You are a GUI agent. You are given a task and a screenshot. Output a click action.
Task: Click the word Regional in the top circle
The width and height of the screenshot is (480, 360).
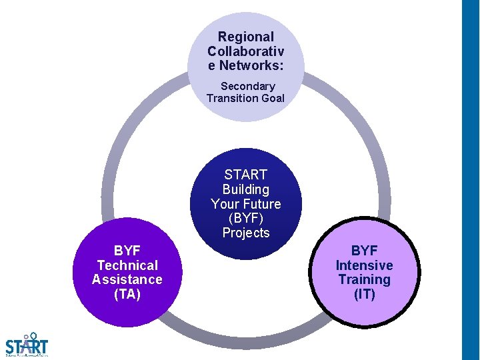246,37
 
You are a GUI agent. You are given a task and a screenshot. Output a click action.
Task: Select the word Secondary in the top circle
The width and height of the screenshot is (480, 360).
247,86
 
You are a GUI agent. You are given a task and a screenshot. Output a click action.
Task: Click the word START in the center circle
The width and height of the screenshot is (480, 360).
246,175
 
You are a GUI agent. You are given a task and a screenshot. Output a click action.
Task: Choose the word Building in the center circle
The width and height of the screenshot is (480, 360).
246,189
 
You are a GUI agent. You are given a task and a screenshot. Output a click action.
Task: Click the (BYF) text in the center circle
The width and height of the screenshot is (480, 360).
246,219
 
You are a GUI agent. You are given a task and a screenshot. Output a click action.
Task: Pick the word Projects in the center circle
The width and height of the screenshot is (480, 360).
246,233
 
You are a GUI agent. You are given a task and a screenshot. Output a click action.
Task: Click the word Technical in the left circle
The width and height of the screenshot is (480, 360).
127,265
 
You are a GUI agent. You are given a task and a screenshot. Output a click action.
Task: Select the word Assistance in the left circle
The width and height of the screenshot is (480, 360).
127,279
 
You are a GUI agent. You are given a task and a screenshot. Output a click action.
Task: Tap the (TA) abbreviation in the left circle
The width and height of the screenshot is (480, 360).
127,293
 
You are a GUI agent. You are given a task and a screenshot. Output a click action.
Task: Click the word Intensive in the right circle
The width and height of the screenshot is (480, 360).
364,265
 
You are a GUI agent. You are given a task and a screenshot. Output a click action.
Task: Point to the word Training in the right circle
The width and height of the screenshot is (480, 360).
364,279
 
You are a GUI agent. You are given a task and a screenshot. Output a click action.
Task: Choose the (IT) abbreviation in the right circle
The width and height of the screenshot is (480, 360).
364,293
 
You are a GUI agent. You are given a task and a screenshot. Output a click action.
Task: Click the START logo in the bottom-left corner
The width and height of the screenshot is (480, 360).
27,345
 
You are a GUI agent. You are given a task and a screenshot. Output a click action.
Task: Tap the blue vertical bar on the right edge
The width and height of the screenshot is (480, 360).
471,180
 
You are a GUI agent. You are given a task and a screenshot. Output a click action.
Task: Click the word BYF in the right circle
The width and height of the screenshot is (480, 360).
364,251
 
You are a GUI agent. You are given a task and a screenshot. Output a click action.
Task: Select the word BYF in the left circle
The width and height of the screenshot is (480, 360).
127,251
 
